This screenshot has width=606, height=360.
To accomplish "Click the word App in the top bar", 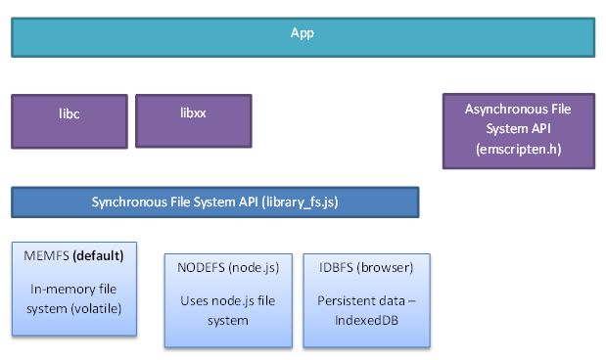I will (x=302, y=33).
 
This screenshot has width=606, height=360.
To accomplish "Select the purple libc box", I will (x=69, y=120).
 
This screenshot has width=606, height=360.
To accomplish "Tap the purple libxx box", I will (x=193, y=120).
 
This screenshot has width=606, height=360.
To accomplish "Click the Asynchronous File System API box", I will (x=518, y=131).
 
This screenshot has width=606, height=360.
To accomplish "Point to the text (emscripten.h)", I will (x=518, y=150).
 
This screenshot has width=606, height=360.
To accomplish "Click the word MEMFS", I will (x=43, y=255).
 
